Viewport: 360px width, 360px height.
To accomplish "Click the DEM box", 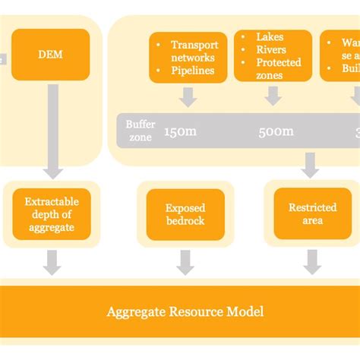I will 51,55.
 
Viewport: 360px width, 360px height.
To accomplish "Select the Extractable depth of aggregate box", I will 51,214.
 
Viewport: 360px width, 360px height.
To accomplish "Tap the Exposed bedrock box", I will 185,214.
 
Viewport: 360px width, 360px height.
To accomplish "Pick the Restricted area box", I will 312,213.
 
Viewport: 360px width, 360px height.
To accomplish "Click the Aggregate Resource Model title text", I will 185,311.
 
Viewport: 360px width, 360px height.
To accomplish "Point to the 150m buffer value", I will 181,131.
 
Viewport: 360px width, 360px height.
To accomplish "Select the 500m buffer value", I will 276,131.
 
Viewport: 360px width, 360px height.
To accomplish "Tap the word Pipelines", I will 193,71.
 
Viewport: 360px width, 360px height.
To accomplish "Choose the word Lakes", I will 270,36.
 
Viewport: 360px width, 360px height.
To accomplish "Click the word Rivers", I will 271,49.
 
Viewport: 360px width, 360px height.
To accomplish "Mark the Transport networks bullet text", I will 194,51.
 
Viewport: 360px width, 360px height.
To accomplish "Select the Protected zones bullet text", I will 278,68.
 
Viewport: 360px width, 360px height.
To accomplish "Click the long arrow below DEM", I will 52,129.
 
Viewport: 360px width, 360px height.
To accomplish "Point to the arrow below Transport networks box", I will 187,96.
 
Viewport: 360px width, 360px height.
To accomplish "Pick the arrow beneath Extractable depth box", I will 52,262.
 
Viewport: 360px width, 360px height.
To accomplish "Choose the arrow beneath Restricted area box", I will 312,262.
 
